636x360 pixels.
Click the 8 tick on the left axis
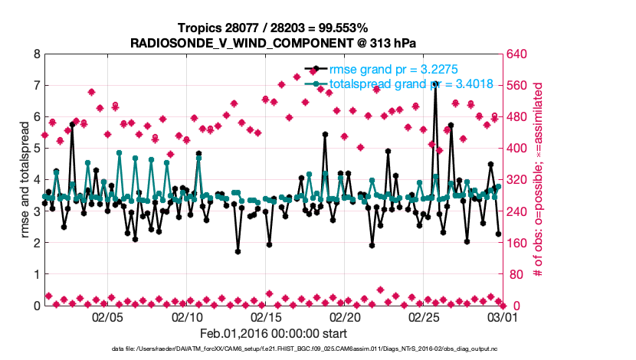(x=35, y=54)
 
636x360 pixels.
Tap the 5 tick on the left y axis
(x=35, y=149)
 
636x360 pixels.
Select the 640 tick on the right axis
(x=520, y=54)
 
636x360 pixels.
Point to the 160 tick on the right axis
(x=520, y=243)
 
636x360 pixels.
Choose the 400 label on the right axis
(x=520, y=149)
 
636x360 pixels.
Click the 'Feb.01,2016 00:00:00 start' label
(x=274, y=333)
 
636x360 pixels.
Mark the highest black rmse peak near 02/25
(x=435, y=82)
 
